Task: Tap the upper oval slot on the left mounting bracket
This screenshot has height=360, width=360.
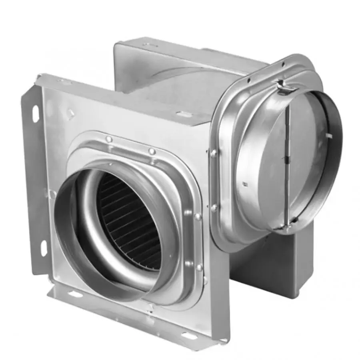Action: (x=36, y=114)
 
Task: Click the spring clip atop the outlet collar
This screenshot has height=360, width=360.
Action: (x=283, y=86)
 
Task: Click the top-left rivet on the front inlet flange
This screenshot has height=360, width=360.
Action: (x=108, y=139)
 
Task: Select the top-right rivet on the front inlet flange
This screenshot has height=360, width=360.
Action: (x=152, y=151)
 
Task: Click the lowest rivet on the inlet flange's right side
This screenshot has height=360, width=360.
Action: (x=199, y=267)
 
